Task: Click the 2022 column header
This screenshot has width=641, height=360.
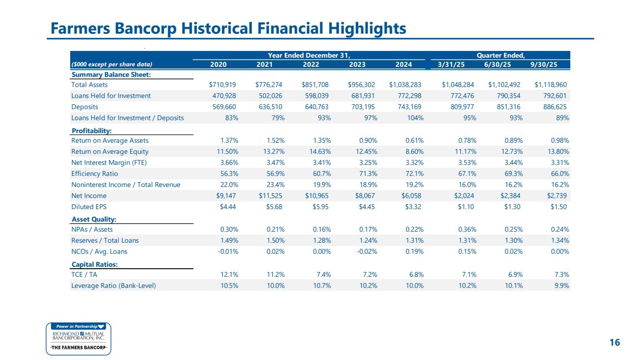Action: [311, 64]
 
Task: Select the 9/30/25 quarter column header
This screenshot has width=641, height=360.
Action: [544, 64]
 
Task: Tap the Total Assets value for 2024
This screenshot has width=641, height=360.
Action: [405, 85]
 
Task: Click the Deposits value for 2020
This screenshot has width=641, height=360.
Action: [224, 107]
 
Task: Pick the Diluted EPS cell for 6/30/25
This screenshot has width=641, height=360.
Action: [512, 207]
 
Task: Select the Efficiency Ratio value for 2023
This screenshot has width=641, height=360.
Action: [368, 174]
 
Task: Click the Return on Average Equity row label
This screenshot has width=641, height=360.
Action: [110, 151]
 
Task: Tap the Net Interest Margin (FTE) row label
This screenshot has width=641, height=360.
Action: [109, 163]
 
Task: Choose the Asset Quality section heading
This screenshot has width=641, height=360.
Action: [94, 219]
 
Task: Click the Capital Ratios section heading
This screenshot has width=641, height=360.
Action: [95, 264]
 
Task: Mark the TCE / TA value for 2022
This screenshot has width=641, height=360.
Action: [324, 275]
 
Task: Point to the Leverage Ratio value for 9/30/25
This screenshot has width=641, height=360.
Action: [562, 286]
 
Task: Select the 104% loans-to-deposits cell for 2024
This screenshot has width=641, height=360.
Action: [415, 118]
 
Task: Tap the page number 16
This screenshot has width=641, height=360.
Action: [615, 343]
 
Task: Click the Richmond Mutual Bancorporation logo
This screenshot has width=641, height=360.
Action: [78, 339]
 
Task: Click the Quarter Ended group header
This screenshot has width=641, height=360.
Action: [501, 55]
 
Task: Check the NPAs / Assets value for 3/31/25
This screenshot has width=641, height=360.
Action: [467, 229]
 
